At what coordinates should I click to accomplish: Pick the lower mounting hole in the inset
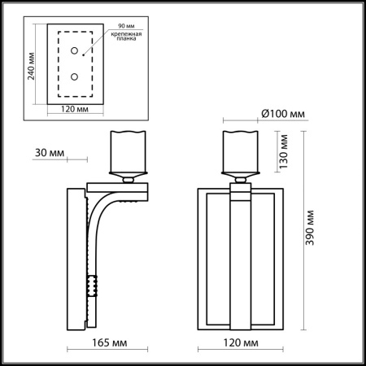tap(74, 77)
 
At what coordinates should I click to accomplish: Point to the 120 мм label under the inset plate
tap(74, 107)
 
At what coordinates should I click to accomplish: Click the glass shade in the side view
tap(126, 149)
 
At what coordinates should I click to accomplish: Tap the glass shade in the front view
tap(240, 149)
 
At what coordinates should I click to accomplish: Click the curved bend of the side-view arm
tap(102, 203)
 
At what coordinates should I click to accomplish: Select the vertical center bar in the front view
tap(240, 260)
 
